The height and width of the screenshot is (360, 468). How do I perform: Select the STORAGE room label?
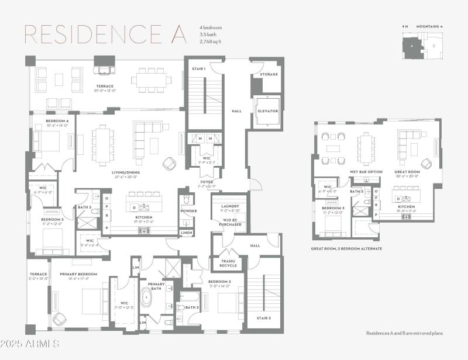(269, 74)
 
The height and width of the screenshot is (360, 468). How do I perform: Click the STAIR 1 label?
(198, 69)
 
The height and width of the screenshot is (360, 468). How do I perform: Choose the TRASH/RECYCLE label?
(228, 263)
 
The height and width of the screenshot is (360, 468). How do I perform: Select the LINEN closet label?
(186, 233)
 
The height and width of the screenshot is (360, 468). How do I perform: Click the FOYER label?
(207, 182)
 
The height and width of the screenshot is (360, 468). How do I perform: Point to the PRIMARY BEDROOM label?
(78, 274)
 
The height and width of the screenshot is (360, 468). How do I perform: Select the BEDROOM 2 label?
(219, 282)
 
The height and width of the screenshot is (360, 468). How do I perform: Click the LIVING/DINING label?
(125, 172)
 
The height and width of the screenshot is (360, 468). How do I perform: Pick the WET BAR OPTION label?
(365, 172)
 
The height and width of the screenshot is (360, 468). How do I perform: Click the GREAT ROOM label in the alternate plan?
(407, 172)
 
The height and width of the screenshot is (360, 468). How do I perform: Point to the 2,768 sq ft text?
(211, 41)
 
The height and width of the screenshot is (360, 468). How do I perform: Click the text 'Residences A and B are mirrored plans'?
(404, 333)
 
